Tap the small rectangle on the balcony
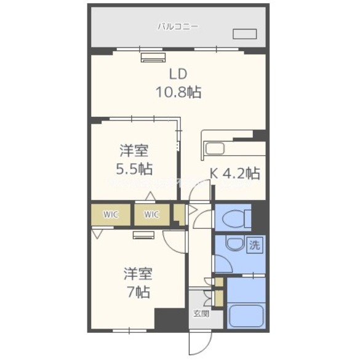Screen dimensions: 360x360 click(244, 34)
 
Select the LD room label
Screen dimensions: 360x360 click(178, 74)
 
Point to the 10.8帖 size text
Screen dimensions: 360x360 click(178, 93)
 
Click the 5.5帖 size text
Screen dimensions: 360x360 click(135, 168)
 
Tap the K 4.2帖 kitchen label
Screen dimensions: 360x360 click(234, 174)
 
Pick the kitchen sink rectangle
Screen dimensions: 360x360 click(216, 148)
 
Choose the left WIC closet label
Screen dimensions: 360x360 click(111, 215)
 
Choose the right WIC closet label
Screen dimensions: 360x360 click(151, 215)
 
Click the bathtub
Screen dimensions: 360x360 click(246, 316)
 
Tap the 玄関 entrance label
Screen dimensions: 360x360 click(201, 313)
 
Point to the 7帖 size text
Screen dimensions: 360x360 click(137, 291)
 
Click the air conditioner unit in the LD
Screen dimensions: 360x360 click(153, 58)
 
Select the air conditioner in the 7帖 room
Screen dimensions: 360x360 click(144, 234)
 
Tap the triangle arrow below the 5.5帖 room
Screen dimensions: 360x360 click(150, 196)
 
